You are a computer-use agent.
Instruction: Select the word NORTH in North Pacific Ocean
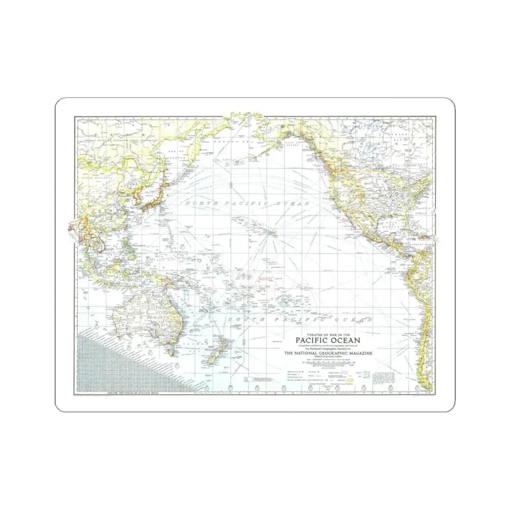coord(201,203)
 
